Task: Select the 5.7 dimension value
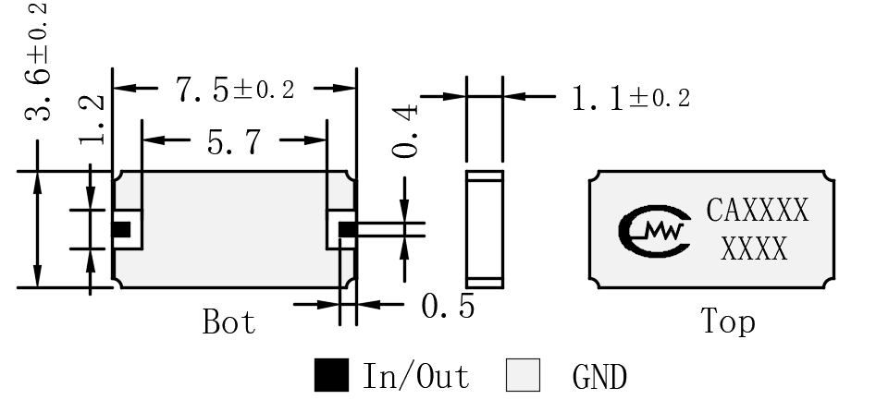234,142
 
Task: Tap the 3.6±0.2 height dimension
37,62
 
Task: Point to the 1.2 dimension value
92,119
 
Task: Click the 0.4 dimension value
404,131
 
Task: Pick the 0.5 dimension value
448,306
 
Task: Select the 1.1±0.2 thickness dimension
631,99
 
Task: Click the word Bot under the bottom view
229,321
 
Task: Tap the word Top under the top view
728,322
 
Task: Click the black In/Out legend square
331,375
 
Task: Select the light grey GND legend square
523,375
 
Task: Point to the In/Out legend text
416,375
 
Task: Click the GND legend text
599,376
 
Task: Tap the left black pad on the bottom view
121,229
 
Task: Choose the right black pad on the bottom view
348,229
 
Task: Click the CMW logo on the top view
654,231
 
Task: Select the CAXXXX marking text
757,211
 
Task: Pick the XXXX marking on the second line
754,249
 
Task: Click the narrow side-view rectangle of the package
485,229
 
